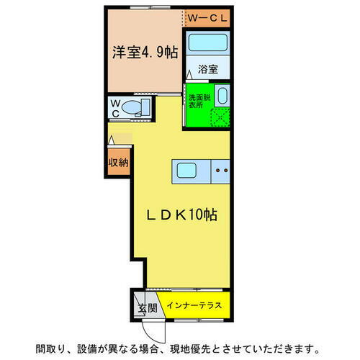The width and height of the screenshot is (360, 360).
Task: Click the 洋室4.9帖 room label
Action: click(x=144, y=51)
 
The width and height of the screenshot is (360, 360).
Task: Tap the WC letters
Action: click(x=115, y=108)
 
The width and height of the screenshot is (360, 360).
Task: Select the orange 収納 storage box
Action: click(x=118, y=163)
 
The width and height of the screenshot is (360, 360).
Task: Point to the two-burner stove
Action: click(x=221, y=171)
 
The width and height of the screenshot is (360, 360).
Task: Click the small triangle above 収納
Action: click(x=112, y=140)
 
